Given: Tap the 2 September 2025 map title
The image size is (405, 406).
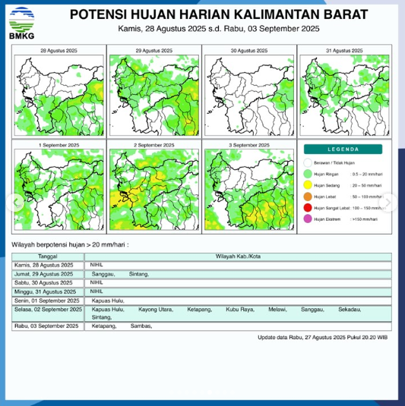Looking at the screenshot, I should tap(154, 144).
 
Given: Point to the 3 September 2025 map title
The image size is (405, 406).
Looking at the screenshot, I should tap(249, 144).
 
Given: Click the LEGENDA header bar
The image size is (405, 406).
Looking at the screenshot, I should tap(343, 149).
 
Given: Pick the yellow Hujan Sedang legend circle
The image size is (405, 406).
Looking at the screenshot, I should tap(308, 184).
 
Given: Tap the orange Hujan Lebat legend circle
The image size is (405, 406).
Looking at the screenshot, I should tap(308, 196).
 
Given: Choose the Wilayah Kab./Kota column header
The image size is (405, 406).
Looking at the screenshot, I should tap(239, 256).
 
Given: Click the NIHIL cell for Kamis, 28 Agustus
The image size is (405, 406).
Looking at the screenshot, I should tap(97, 265).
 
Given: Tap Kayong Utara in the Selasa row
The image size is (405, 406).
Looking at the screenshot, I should tap(156, 310).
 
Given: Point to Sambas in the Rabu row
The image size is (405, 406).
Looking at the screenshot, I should tap(142, 326).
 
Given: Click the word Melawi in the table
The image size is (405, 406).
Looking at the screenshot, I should tap(277, 310).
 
